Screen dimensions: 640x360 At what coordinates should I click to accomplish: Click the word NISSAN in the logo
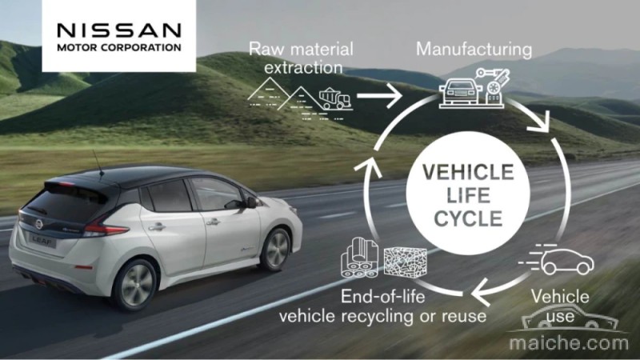click(118, 30)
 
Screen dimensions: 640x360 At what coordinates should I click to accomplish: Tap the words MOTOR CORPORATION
click(118, 47)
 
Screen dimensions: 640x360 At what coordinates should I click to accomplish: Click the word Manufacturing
click(474, 50)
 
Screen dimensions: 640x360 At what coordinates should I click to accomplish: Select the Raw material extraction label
click(302, 58)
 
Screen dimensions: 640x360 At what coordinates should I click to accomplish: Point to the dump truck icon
click(335, 99)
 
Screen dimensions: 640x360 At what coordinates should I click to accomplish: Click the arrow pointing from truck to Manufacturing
click(379, 96)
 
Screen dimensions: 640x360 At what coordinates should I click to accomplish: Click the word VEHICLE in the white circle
click(468, 172)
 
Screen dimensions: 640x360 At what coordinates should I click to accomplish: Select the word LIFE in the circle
click(468, 195)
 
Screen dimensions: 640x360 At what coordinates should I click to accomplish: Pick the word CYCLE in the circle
click(468, 218)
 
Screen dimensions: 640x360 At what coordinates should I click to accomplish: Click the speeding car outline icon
click(557, 259)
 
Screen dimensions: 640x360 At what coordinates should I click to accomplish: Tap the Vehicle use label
click(560, 306)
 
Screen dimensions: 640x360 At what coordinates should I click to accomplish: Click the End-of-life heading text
click(383, 296)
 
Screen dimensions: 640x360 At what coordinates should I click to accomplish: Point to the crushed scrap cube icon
click(406, 262)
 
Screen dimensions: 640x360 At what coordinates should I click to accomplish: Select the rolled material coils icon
click(359, 258)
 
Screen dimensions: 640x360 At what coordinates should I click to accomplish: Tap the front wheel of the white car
click(276, 250)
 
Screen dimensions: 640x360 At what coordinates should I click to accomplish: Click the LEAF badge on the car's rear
click(42, 242)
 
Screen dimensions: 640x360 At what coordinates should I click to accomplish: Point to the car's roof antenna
click(98, 163)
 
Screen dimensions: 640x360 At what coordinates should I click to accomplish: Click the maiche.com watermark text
click(569, 343)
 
